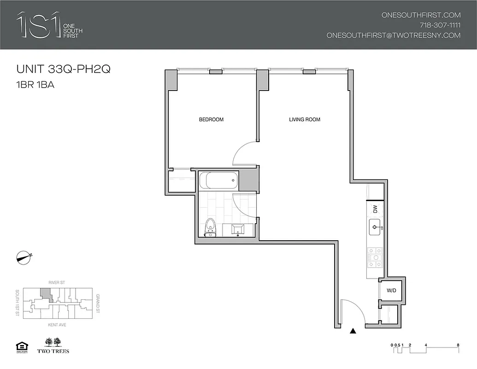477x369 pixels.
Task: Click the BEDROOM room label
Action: [x=211, y=119]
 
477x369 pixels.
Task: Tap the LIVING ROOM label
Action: [x=304, y=119]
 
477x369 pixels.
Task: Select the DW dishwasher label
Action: [x=375, y=208]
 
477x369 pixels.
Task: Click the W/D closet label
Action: [x=391, y=291]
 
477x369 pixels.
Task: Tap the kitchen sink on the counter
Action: [x=374, y=227]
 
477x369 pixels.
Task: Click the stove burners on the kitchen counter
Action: [x=375, y=258]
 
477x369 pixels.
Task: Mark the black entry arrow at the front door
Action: [x=353, y=330]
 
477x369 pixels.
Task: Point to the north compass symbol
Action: [x=23, y=257]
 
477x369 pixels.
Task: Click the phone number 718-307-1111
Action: [x=440, y=25]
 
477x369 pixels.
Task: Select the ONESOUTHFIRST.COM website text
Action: [x=421, y=15]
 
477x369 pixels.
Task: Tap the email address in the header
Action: [x=393, y=35]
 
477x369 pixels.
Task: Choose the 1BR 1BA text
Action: [x=35, y=85]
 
